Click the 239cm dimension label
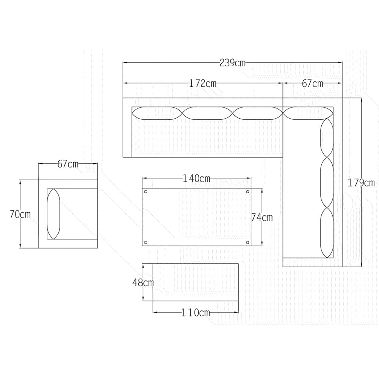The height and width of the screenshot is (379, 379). pos(232,63)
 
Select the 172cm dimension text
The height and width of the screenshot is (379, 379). pos(202,84)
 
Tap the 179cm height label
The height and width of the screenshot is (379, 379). pos(361,183)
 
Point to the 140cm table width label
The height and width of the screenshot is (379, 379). pos(196,179)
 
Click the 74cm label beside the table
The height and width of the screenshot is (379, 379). pos(262,218)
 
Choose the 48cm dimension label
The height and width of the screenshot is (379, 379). pos(143,283)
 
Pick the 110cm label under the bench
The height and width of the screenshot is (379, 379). pos(196,313)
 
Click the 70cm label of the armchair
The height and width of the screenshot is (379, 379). pos(20,215)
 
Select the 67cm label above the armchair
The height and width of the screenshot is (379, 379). pos(68,164)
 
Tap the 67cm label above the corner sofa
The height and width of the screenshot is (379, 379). pos(313,84)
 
